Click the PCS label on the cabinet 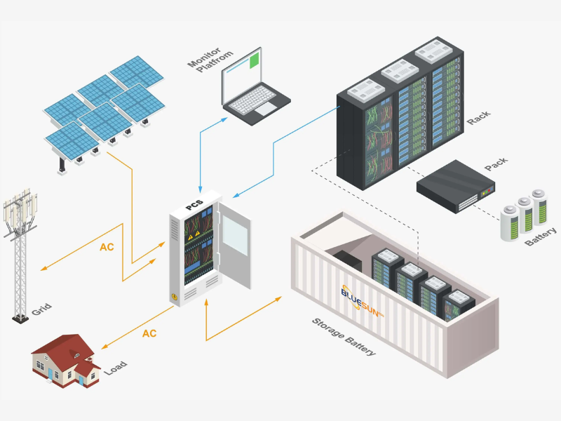(194, 205)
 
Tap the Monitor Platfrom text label (210, 60)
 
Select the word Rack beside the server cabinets (478, 118)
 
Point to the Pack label (496, 163)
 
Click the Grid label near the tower (41, 309)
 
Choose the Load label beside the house (116, 368)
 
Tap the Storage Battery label (344, 337)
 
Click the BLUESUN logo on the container (362, 302)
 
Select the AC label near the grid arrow (107, 247)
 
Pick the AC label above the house (149, 334)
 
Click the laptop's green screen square (254, 60)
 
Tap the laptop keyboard (252, 100)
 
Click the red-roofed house (66, 361)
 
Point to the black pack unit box (455, 187)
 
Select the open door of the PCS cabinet (235, 246)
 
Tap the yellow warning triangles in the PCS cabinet (194, 235)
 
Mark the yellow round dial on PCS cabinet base (174, 297)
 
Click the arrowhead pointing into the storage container (278, 299)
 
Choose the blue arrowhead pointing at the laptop (224, 119)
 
